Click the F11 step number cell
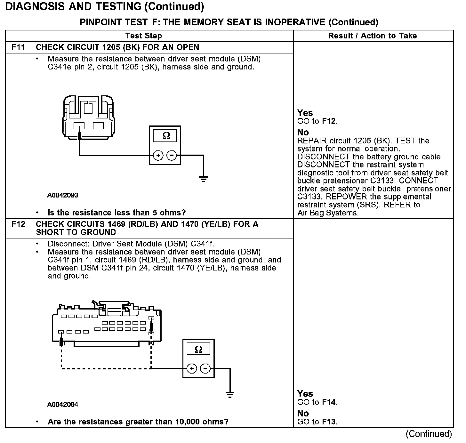pos(18,47)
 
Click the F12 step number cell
pos(18,224)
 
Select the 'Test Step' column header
pos(144,36)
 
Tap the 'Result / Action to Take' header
pos(373,36)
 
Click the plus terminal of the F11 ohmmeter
pos(158,156)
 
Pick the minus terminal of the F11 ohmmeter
pos(172,156)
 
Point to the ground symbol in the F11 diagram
pos(203,178)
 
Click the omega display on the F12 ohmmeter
pos(198,349)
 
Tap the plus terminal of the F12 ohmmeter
pos(191,369)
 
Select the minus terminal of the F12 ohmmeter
pos(205,369)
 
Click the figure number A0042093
pos(63,195)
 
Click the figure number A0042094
pos(63,405)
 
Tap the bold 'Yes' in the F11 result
pos(305,113)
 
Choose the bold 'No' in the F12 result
pos(303,413)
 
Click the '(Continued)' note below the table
pos(429,434)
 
